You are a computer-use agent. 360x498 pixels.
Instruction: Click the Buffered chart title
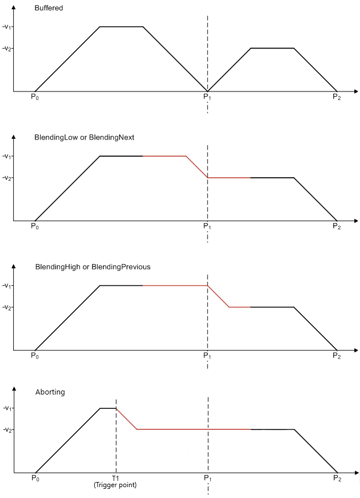click(x=49, y=8)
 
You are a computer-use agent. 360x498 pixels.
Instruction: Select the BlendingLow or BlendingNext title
click(x=84, y=138)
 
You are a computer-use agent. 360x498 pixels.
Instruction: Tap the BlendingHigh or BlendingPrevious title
click(x=93, y=267)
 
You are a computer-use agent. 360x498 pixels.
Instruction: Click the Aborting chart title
click(x=50, y=392)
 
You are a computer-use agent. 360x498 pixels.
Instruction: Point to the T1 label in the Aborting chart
click(x=115, y=478)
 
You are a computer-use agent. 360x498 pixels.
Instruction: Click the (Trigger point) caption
click(x=115, y=485)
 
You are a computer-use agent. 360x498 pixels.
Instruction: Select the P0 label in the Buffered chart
click(x=35, y=97)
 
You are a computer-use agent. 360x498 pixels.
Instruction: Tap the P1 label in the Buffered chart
click(x=207, y=97)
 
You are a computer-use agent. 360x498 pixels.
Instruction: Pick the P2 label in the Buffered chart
click(x=337, y=97)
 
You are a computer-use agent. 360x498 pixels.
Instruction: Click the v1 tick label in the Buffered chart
click(x=7, y=27)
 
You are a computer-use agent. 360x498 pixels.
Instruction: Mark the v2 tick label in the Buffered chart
click(x=7, y=49)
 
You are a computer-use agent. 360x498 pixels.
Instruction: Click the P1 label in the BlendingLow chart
click(x=207, y=226)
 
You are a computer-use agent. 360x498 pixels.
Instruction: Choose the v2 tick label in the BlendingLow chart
click(x=7, y=178)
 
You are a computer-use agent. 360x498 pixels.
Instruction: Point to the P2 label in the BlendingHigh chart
click(x=337, y=356)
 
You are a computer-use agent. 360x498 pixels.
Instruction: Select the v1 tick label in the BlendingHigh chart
click(x=7, y=286)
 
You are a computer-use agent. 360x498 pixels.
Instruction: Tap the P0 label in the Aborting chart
click(x=35, y=478)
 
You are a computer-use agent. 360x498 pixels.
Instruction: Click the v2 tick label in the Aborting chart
click(x=8, y=430)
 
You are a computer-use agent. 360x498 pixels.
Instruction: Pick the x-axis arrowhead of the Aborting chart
click(x=356, y=473)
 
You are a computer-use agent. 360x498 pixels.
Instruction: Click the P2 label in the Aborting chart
click(x=337, y=478)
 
